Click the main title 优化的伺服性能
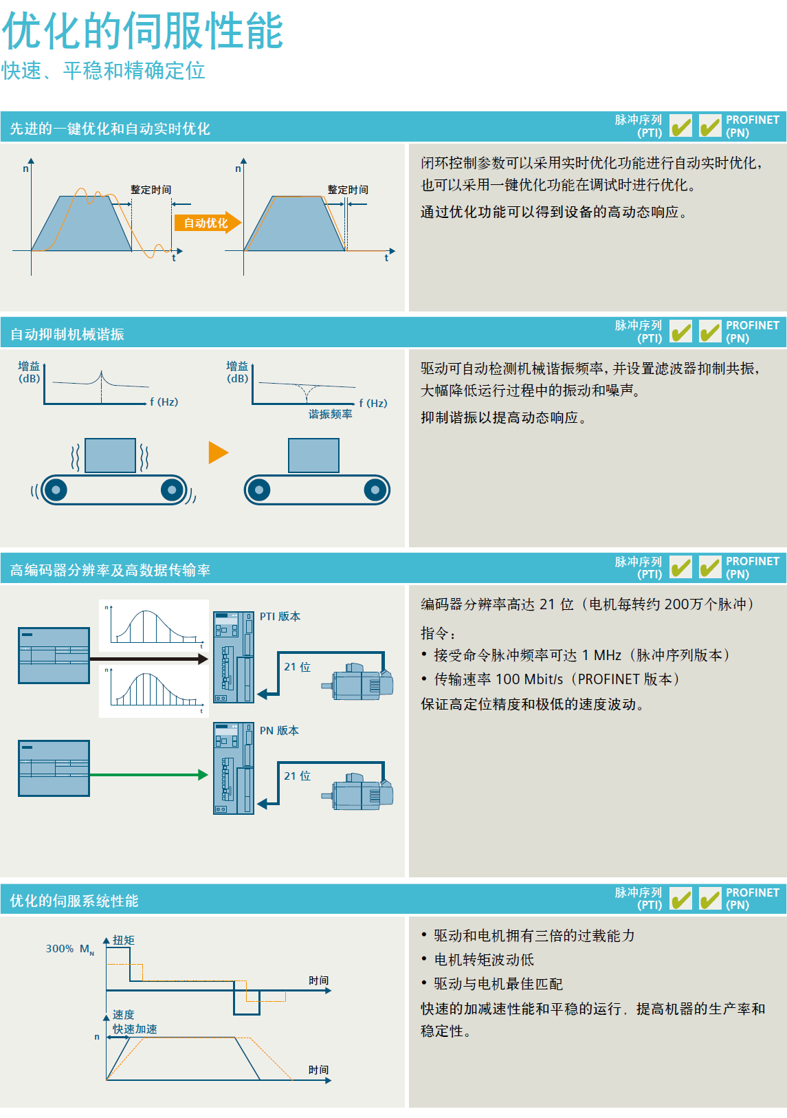(x=142, y=31)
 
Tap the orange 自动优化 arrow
(x=207, y=223)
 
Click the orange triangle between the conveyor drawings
(x=217, y=452)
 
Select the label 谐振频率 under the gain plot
(x=330, y=414)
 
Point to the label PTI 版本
(x=280, y=616)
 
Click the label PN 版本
(x=279, y=730)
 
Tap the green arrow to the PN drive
(x=148, y=775)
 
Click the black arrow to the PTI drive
(x=148, y=659)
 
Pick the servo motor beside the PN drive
(x=360, y=792)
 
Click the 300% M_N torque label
(x=69, y=949)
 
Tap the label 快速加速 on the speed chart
(x=135, y=1029)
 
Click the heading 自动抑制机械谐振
(x=67, y=334)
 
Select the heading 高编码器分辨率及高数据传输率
(x=110, y=570)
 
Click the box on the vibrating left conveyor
(x=110, y=455)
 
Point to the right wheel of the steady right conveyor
(x=375, y=490)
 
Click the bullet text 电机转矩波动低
(x=484, y=960)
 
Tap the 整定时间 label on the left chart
(x=151, y=190)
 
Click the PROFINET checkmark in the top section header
(x=710, y=127)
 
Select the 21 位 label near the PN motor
(x=297, y=776)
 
